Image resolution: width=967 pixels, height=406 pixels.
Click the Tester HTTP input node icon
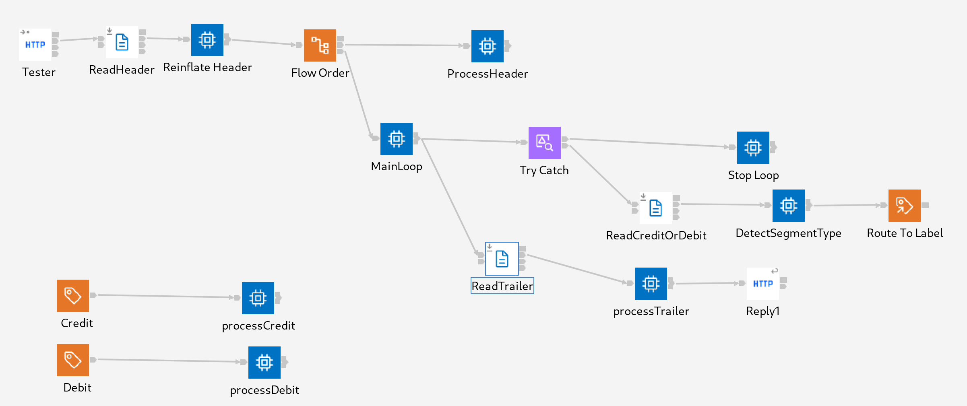click(35, 45)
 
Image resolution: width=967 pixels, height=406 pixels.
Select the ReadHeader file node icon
click(122, 42)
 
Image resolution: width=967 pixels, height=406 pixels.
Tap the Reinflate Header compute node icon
click(207, 40)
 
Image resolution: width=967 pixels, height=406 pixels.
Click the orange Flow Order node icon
click(320, 45)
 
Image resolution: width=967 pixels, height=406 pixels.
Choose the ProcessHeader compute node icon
click(487, 46)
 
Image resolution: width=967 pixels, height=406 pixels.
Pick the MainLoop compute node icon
click(396, 139)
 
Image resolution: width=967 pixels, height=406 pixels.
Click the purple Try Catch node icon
click(544, 143)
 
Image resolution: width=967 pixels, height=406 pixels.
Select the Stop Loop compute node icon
click(753, 148)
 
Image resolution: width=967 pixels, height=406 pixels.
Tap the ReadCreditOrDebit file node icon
click(655, 208)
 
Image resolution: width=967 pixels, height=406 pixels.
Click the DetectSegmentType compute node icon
click(788, 206)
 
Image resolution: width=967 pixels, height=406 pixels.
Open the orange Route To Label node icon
click(904, 206)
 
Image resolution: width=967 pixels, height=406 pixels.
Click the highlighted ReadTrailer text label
click(502, 286)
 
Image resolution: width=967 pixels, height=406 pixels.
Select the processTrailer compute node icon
click(651, 284)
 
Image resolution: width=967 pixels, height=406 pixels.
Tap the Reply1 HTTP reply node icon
click(762, 284)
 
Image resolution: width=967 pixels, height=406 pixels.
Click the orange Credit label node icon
click(73, 296)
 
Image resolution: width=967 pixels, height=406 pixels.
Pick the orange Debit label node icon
click(73, 360)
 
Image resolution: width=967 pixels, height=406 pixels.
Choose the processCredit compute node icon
click(258, 298)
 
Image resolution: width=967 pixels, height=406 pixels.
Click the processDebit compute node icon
click(264, 363)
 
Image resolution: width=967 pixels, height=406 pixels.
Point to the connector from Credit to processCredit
click(165, 296)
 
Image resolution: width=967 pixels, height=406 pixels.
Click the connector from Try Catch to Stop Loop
click(648, 143)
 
